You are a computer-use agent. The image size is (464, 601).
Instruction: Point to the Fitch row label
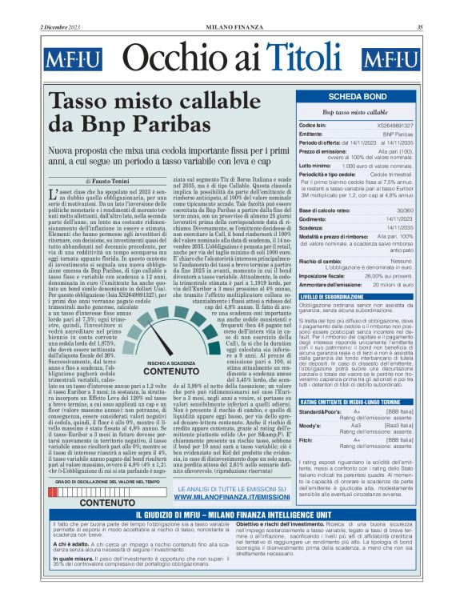click(x=306, y=440)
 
